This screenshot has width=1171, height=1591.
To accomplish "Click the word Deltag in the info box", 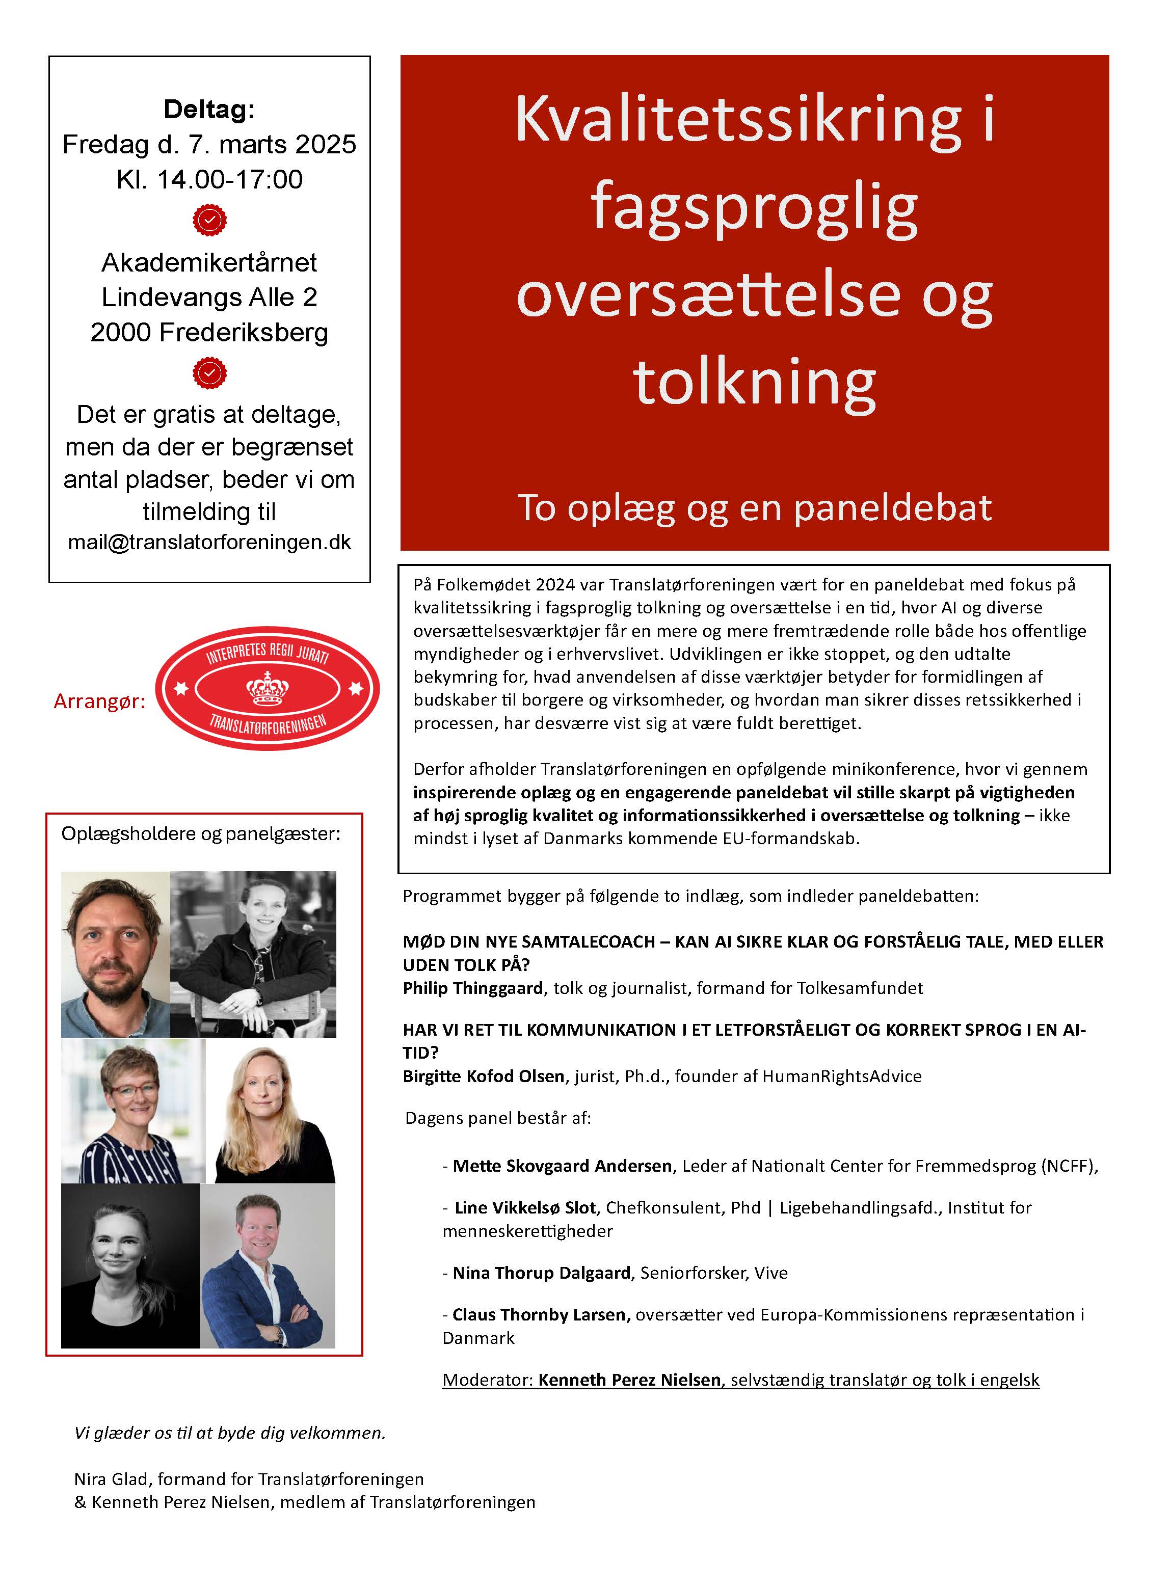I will pos(208,110).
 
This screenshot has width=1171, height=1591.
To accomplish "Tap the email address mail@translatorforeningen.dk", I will pos(209,542).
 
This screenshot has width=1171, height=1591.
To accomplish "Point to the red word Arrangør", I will pos(99,702).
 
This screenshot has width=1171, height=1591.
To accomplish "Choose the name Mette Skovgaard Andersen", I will pos(562,1166).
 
